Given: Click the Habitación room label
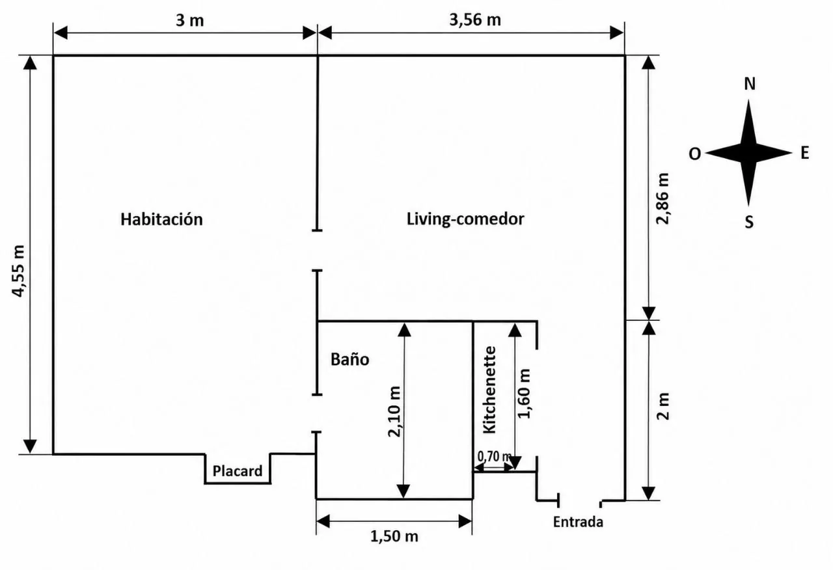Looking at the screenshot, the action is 162,219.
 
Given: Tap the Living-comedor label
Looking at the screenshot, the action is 465,219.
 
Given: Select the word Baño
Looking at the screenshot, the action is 350,359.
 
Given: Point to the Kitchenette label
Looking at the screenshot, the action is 489,390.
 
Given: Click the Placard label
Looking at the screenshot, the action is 238,471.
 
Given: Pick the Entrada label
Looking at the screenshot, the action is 578,522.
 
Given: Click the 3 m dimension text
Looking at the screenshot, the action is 189,20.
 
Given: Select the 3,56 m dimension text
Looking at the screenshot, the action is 475,20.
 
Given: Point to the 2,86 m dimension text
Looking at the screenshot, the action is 662,198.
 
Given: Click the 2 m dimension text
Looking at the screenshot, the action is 662,407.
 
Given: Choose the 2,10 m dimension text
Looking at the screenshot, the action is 394,412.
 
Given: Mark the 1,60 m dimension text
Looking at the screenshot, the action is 524,394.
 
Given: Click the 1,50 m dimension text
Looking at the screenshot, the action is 394,537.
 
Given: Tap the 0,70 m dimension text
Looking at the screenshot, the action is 494,456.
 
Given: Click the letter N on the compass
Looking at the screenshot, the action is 750,84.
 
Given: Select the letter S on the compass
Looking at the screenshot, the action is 749,222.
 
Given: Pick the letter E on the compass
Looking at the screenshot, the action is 805,153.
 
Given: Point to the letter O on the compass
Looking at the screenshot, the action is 694,154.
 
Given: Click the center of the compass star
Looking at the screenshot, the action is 748,153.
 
